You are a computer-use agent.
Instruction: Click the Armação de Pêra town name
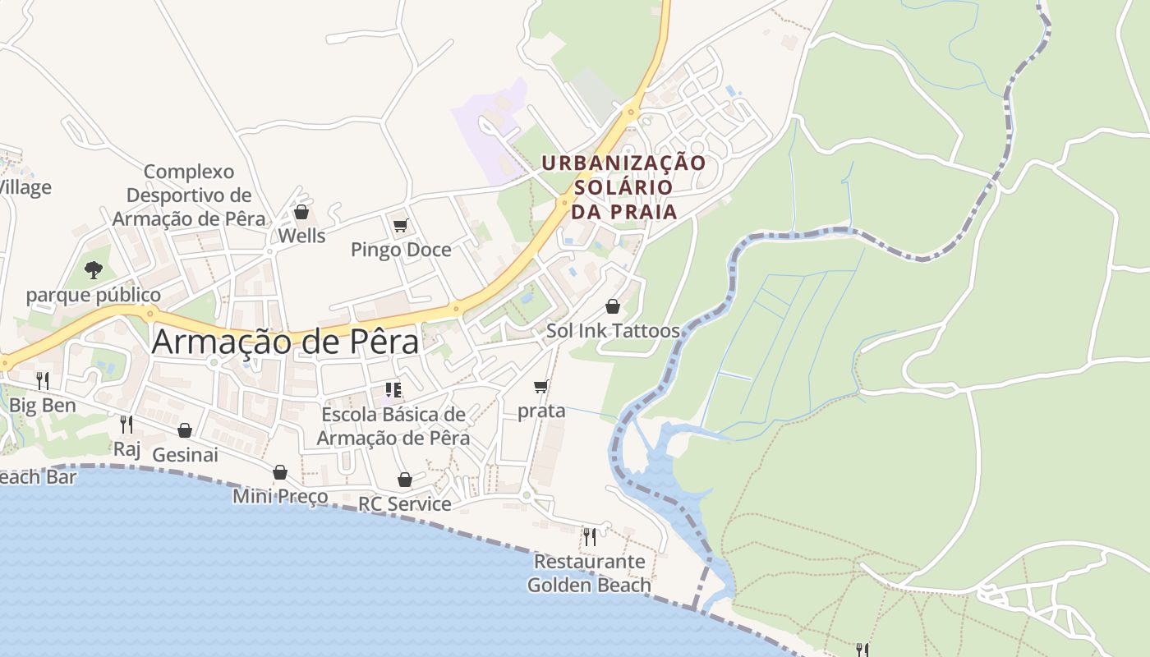[x=285, y=342]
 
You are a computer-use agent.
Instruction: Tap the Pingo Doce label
[x=401, y=250]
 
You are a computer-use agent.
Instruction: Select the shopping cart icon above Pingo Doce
[x=400, y=225]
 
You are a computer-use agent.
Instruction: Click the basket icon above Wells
[x=301, y=212]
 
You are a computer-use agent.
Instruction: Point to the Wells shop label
[x=301, y=236]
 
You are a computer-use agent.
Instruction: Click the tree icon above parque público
[x=94, y=269]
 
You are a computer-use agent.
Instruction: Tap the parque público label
[x=94, y=295]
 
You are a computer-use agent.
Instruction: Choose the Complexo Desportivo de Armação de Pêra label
[x=189, y=195]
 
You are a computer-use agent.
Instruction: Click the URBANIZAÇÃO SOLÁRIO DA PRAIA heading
[x=623, y=187]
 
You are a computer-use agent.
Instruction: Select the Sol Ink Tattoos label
[x=613, y=331]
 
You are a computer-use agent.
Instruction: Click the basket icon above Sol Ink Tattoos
[x=613, y=306]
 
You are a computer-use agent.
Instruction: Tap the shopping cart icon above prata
[x=540, y=386]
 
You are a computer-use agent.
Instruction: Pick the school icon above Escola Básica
[x=393, y=390]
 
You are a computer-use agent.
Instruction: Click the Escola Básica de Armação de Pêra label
[x=393, y=426]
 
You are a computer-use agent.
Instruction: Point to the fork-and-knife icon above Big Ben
[x=42, y=380]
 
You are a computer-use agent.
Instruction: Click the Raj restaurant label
[x=126, y=448]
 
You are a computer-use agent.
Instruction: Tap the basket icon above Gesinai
[x=185, y=430]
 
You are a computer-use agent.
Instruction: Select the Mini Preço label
[x=280, y=496]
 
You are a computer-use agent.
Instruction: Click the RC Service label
[x=405, y=503]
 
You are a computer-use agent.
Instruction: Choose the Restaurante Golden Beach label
[x=589, y=573]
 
